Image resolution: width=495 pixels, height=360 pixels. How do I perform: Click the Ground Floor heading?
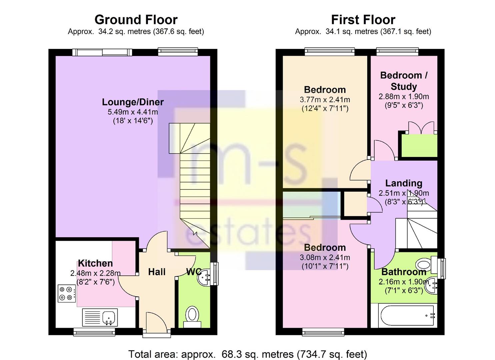[136, 20]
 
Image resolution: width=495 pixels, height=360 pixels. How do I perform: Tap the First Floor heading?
[363, 20]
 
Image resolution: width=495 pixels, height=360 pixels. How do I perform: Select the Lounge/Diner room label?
[133, 102]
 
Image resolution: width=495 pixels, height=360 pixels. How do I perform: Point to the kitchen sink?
[100, 317]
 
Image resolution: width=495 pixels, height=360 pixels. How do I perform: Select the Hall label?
[157, 272]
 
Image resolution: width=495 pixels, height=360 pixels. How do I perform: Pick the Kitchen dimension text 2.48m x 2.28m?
[95, 273]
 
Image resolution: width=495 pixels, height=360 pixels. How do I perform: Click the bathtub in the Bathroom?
[407, 316]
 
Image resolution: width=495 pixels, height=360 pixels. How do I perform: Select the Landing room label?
[404, 183]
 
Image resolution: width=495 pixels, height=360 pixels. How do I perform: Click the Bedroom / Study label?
[404, 81]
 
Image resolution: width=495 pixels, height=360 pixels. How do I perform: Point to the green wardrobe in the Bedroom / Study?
[419, 146]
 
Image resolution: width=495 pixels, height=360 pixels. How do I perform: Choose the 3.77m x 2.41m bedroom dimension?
[325, 100]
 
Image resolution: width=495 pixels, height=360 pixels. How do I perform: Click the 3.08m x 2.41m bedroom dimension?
[325, 257]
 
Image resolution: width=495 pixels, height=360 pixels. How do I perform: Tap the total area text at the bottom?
[247, 348]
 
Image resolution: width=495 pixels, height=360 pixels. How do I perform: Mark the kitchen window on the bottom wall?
[94, 332]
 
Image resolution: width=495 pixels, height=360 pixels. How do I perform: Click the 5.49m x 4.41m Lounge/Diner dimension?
[133, 112]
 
